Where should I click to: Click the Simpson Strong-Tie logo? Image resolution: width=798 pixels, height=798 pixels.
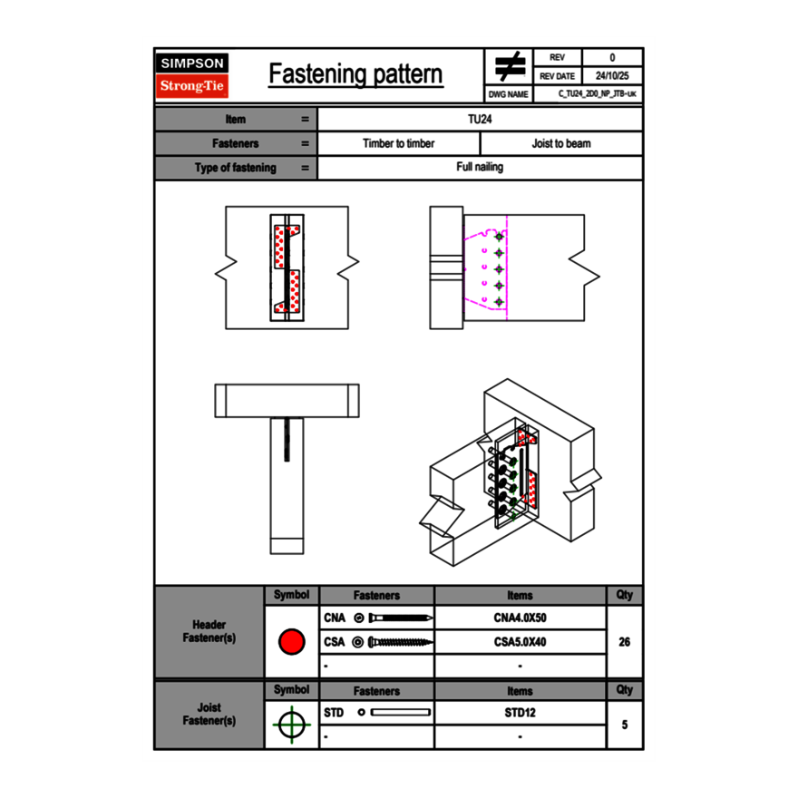[192, 75]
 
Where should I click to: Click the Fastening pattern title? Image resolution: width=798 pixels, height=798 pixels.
[355, 74]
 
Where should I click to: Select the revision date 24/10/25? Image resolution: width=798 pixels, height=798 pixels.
[612, 76]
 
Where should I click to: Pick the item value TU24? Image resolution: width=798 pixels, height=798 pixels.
[480, 119]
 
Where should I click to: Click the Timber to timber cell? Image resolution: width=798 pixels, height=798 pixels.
[398, 143]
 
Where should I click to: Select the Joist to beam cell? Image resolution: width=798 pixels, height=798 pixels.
[561, 143]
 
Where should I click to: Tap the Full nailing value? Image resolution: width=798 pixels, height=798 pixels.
[480, 168]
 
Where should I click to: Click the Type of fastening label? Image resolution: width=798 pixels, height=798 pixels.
[235, 168]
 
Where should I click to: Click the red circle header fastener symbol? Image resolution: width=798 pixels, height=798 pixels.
[291, 642]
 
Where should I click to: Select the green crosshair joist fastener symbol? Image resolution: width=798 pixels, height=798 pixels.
[291, 725]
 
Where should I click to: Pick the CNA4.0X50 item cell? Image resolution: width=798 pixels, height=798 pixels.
[520, 618]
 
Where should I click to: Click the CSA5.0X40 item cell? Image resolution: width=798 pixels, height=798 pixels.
[520, 642]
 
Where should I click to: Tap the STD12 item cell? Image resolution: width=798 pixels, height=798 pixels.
[520, 713]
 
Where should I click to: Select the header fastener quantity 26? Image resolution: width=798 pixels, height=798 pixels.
[624, 642]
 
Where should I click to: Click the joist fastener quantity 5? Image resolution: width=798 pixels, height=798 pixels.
[624, 725]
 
